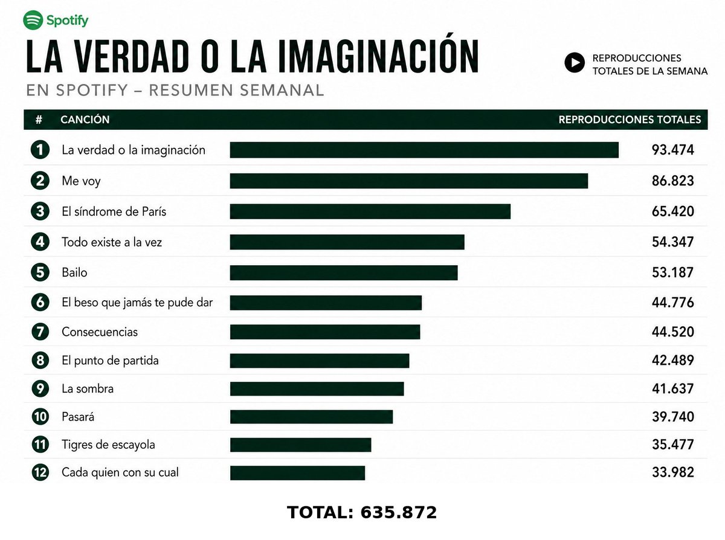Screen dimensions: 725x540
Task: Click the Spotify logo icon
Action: pyautogui.click(x=33, y=20)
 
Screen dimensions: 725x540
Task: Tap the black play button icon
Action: pyautogui.click(x=575, y=62)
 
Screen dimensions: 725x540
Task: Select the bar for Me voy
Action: pyautogui.click(x=409, y=181)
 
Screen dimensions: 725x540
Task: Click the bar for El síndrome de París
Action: pyautogui.click(x=370, y=211)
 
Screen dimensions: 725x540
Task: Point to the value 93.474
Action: pyautogui.click(x=672, y=150)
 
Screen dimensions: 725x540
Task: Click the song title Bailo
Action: pyautogui.click(x=74, y=272)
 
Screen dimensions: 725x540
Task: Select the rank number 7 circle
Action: pyautogui.click(x=40, y=332)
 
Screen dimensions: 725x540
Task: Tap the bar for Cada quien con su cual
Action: pyautogui.click(x=297, y=473)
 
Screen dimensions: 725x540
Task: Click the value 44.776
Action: pyautogui.click(x=672, y=303)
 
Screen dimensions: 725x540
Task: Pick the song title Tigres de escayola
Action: pyautogui.click(x=108, y=445)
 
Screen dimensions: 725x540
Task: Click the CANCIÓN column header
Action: pyautogui.click(x=85, y=120)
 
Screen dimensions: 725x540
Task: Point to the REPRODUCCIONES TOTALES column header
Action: pyautogui.click(x=630, y=120)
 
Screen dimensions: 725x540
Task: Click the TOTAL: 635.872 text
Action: pyautogui.click(x=362, y=512)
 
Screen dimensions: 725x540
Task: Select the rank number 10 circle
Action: pyautogui.click(x=40, y=416)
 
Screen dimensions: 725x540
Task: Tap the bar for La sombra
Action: pyautogui.click(x=317, y=388)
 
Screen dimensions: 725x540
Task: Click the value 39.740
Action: pyautogui.click(x=673, y=416)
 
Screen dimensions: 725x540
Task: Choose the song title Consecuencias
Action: pyautogui.click(x=100, y=332)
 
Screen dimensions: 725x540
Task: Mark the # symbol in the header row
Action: pyautogui.click(x=39, y=120)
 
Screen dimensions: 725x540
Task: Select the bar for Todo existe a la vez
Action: pyautogui.click(x=347, y=242)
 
